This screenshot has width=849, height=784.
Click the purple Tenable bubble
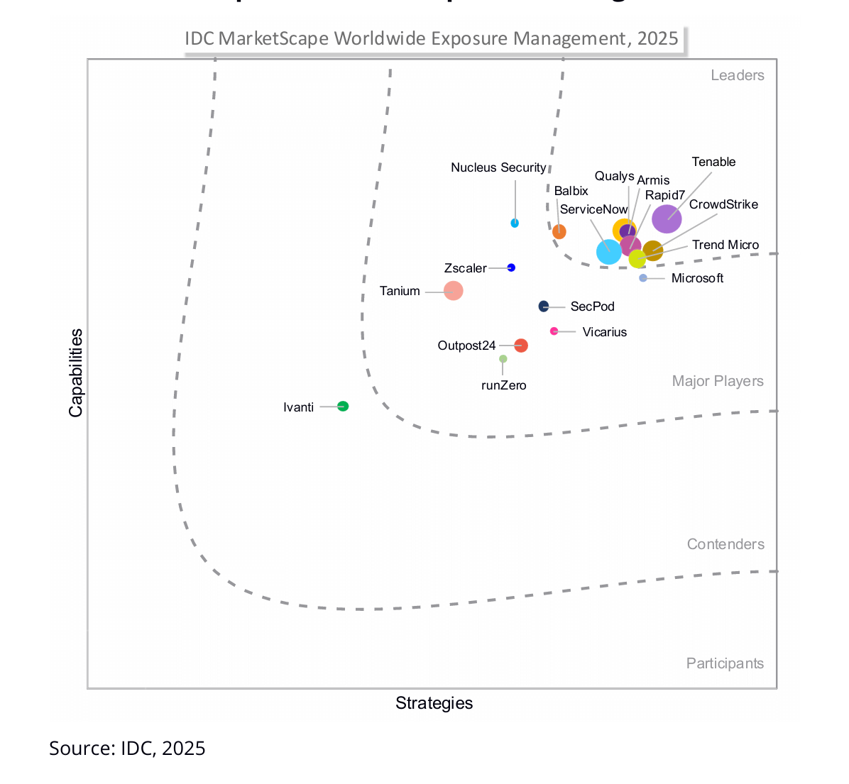[x=667, y=219]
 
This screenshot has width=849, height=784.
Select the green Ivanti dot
[x=343, y=407]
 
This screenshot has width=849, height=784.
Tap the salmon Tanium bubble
[x=453, y=291]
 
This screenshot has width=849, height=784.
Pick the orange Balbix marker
[x=559, y=231]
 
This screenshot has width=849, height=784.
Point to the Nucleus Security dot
[x=515, y=223]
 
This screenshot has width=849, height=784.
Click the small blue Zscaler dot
[x=511, y=267]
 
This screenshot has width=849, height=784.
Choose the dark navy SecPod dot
[x=544, y=307]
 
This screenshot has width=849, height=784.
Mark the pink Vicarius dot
[x=554, y=331]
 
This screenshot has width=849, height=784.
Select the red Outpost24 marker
[x=521, y=346]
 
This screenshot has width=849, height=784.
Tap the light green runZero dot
[x=503, y=359]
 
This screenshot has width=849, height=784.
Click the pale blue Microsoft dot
[x=643, y=278]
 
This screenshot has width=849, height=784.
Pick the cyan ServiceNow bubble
[x=608, y=251]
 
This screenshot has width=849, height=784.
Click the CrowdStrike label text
[x=723, y=204]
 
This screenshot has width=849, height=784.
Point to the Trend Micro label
[x=725, y=245]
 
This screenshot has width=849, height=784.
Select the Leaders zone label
[x=738, y=75]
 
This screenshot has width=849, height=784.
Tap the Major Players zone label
[x=718, y=381]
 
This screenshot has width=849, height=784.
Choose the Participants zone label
[x=725, y=663]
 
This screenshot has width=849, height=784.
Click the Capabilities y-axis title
[x=76, y=373]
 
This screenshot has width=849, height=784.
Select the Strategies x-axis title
[x=434, y=703]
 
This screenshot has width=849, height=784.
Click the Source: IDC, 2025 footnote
[x=127, y=749]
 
